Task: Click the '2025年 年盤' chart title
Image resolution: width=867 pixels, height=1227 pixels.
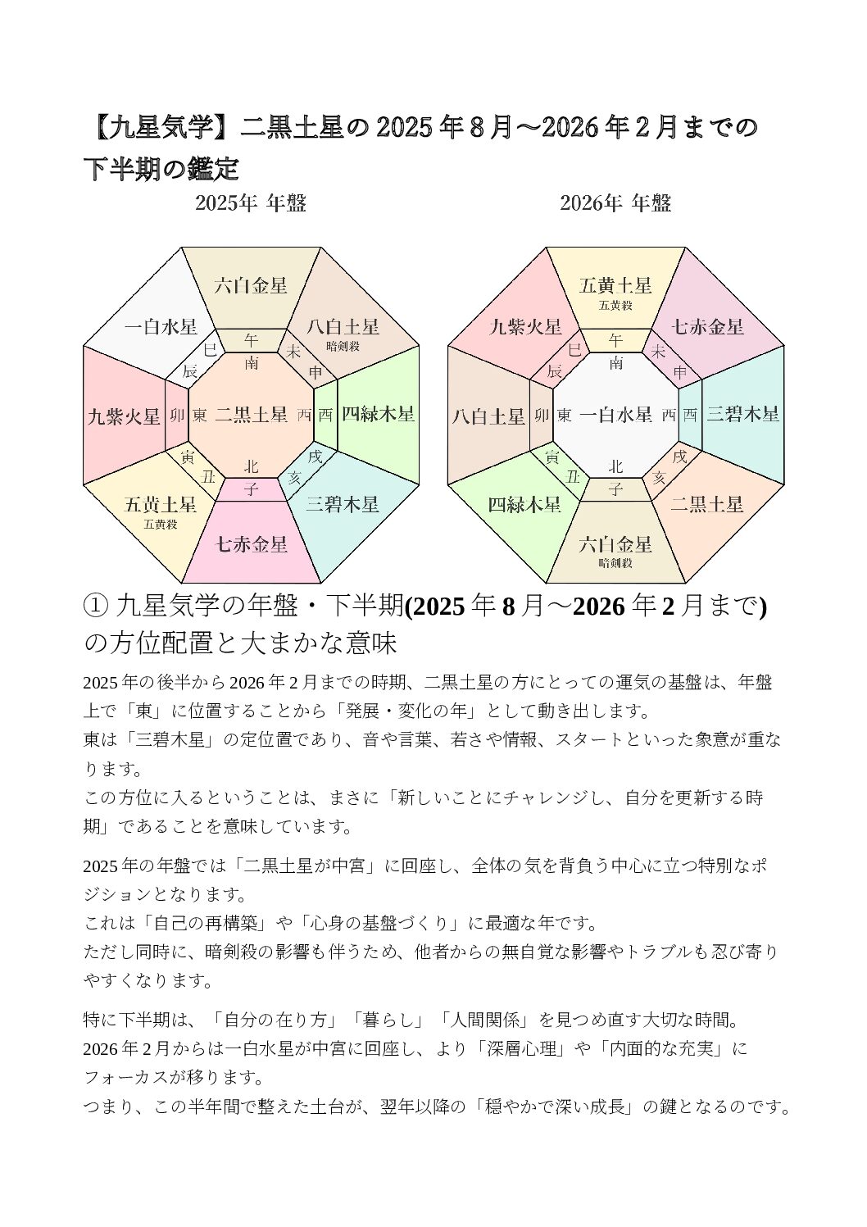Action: tap(250, 203)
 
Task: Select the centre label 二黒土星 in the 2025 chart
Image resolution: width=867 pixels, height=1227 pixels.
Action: tap(251, 415)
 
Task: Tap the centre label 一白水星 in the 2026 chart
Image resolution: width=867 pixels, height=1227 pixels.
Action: tap(615, 415)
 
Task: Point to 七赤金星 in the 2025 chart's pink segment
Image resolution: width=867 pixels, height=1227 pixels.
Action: tap(251, 543)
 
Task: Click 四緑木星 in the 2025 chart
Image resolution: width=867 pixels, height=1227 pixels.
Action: tap(378, 414)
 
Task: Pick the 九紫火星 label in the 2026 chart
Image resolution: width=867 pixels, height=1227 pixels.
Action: tap(525, 327)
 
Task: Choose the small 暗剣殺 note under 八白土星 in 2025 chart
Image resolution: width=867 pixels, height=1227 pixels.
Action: tap(343, 346)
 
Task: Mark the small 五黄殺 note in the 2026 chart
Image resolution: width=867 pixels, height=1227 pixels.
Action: tap(615, 306)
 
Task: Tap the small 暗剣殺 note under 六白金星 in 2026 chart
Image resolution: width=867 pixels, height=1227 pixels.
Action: tap(615, 563)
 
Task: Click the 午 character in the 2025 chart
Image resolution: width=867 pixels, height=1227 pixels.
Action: tap(252, 340)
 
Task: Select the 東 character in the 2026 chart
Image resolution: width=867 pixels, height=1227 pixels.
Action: tap(564, 416)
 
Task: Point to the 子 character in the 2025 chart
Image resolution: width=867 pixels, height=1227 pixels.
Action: tap(252, 490)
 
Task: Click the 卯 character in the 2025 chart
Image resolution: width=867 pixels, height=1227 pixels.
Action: tap(176, 416)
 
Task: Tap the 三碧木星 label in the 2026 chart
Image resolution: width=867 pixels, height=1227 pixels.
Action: tap(742, 414)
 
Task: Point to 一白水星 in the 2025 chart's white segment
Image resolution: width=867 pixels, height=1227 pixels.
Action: tap(161, 327)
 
